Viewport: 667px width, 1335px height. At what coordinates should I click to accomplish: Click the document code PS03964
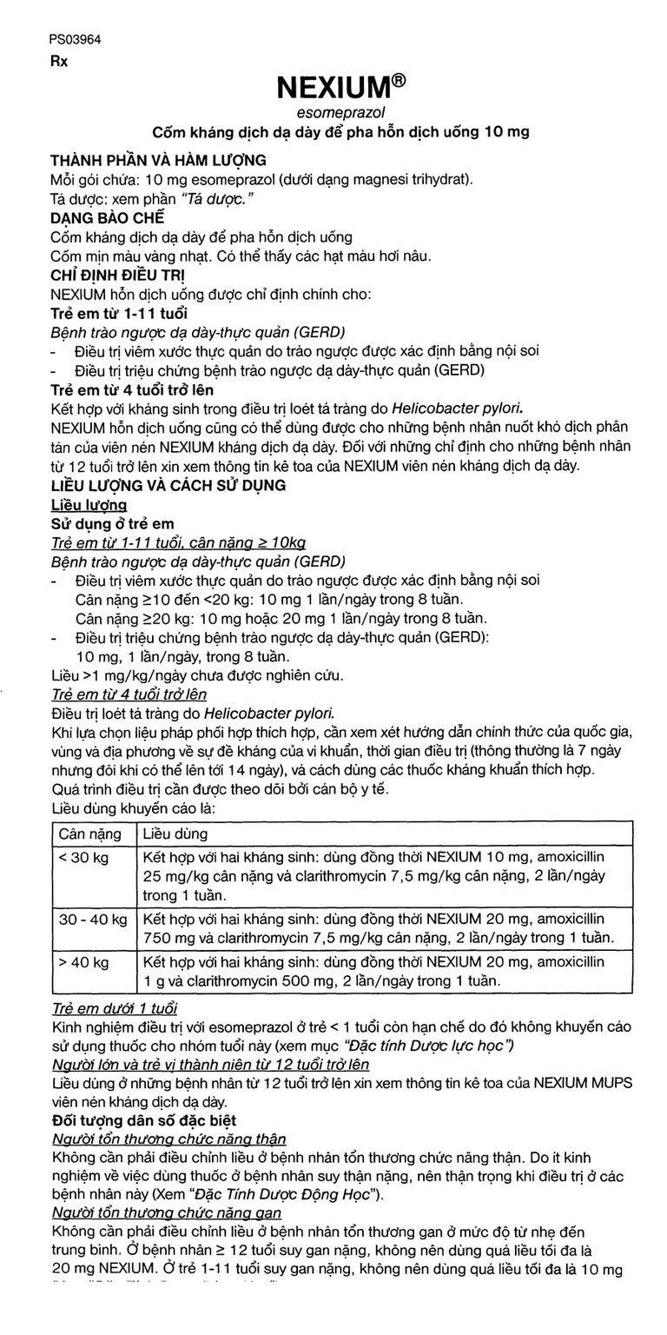(76, 39)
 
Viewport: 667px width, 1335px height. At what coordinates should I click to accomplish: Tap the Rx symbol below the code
(58, 62)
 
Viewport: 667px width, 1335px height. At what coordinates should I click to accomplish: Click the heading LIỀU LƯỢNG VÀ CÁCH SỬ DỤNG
(168, 485)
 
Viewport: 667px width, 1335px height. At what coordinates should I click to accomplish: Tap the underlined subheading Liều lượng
(89, 504)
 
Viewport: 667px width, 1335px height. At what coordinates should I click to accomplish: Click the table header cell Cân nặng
(89, 834)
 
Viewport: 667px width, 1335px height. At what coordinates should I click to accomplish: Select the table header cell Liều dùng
(175, 834)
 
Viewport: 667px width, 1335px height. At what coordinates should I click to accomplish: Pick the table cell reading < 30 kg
(83, 858)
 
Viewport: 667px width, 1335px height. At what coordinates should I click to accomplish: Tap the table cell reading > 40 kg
(83, 962)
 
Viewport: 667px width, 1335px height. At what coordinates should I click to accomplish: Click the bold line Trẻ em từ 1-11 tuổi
(119, 313)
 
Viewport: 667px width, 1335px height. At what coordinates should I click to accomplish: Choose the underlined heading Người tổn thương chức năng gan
(166, 1212)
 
